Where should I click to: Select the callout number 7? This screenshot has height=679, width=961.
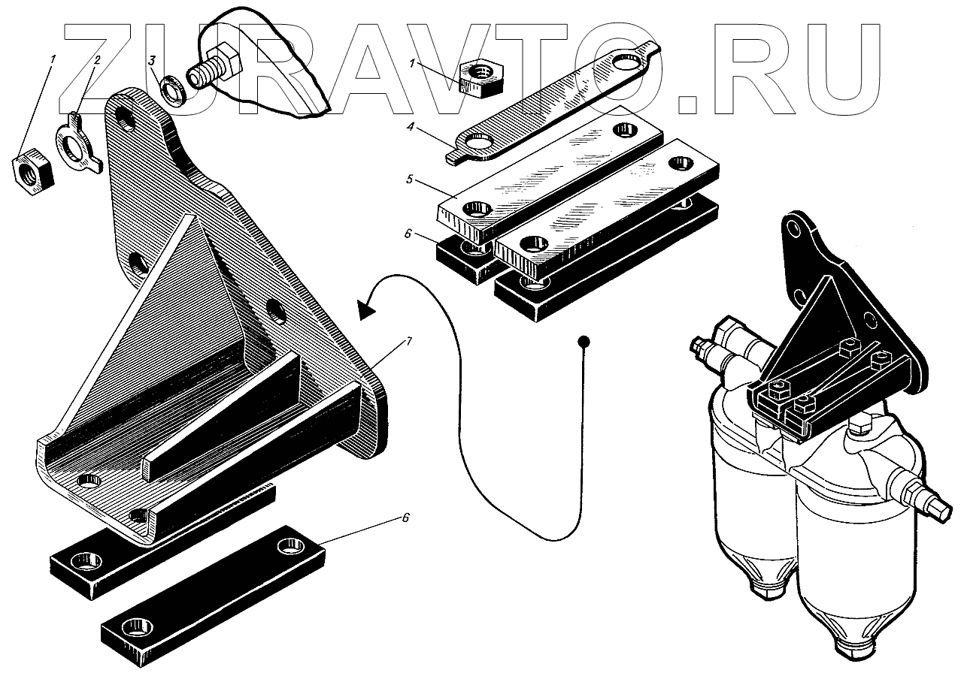click(x=408, y=343)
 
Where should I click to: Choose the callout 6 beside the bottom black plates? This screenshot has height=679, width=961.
click(x=405, y=519)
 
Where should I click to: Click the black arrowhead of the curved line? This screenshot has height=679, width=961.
click(x=366, y=308)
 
